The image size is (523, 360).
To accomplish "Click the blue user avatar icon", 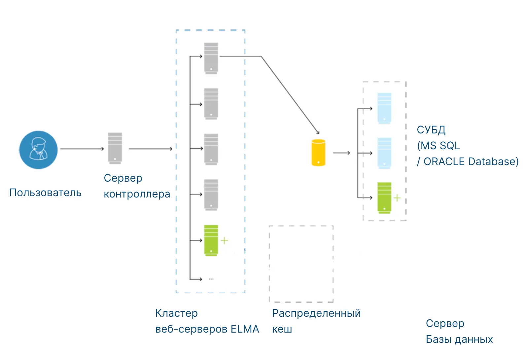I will click(x=38, y=150).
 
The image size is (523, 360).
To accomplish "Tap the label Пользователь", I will click(x=45, y=193).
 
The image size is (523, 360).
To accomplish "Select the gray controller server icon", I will click(x=115, y=148).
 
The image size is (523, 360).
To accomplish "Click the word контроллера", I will click(x=137, y=194).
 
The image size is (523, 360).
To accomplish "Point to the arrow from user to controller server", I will click(x=82, y=149).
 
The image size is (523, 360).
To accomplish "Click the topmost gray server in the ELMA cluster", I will click(x=211, y=58).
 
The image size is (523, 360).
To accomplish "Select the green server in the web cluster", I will click(x=211, y=240).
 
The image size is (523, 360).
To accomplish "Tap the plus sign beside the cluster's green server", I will click(x=224, y=240).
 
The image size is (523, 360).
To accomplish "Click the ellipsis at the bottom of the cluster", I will click(x=211, y=279).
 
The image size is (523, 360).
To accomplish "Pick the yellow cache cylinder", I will click(x=318, y=153).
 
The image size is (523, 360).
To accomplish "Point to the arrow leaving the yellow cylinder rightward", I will click(x=341, y=153).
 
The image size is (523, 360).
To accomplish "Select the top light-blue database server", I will click(x=384, y=108).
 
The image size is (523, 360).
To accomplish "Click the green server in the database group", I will click(x=384, y=198).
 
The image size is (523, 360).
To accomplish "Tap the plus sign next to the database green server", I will click(x=397, y=198).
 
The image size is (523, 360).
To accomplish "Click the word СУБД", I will click(x=431, y=130).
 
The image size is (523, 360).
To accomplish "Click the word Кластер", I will click(x=176, y=313).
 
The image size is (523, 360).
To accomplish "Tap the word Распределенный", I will click(x=316, y=313).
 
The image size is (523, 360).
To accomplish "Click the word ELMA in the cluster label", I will click(x=245, y=329).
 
